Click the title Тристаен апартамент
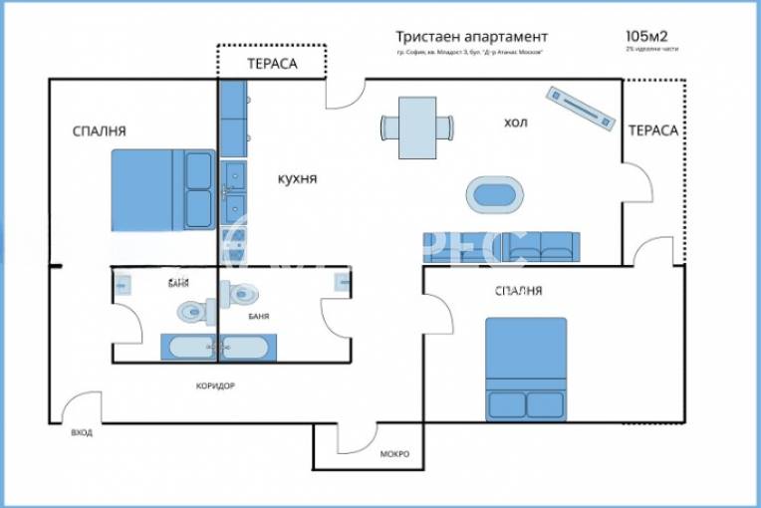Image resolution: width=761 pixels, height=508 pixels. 470,37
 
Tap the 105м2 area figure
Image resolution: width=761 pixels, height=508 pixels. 646,36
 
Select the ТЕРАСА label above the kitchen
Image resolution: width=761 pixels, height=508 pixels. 272,63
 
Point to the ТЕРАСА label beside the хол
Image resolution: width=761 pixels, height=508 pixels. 652,130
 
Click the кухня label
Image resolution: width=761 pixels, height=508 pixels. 297,178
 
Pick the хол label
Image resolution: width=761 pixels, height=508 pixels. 515,123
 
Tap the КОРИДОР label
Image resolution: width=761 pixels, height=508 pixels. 215,385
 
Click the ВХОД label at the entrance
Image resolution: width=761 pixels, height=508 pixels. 82,434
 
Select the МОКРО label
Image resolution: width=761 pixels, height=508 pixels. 394,454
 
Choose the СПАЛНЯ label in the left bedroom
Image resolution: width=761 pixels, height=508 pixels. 99,130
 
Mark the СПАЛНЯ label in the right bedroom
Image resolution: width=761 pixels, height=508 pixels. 518,291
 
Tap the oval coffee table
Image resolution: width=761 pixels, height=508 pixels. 495,194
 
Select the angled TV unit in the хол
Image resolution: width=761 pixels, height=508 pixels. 579,106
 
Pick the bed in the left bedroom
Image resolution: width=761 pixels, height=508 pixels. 162,189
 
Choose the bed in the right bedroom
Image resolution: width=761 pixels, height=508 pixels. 526,369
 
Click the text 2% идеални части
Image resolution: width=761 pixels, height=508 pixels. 652,49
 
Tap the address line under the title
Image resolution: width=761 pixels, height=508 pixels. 470,53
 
